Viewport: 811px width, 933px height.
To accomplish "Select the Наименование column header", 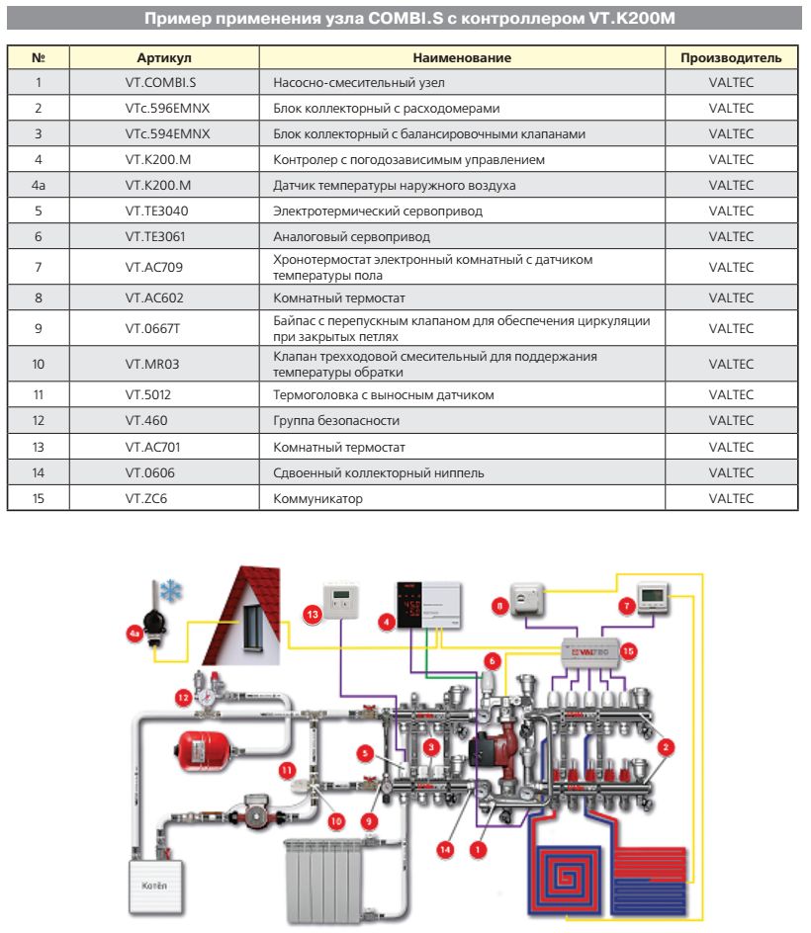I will click(462, 58).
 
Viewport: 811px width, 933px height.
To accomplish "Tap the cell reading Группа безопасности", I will click(336, 421).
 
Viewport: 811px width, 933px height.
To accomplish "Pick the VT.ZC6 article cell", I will click(146, 499).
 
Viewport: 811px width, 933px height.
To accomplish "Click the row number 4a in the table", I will click(39, 186).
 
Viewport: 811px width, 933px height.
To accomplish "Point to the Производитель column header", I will click(731, 58).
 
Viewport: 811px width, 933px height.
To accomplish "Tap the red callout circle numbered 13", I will click(312, 614).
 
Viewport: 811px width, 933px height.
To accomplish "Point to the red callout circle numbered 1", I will click(479, 847).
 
